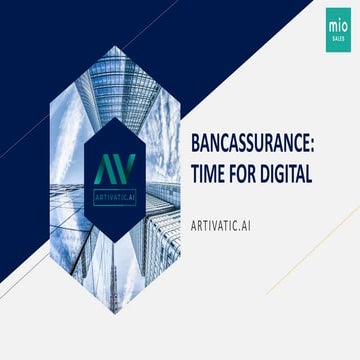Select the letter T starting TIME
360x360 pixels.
click(x=181, y=173)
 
